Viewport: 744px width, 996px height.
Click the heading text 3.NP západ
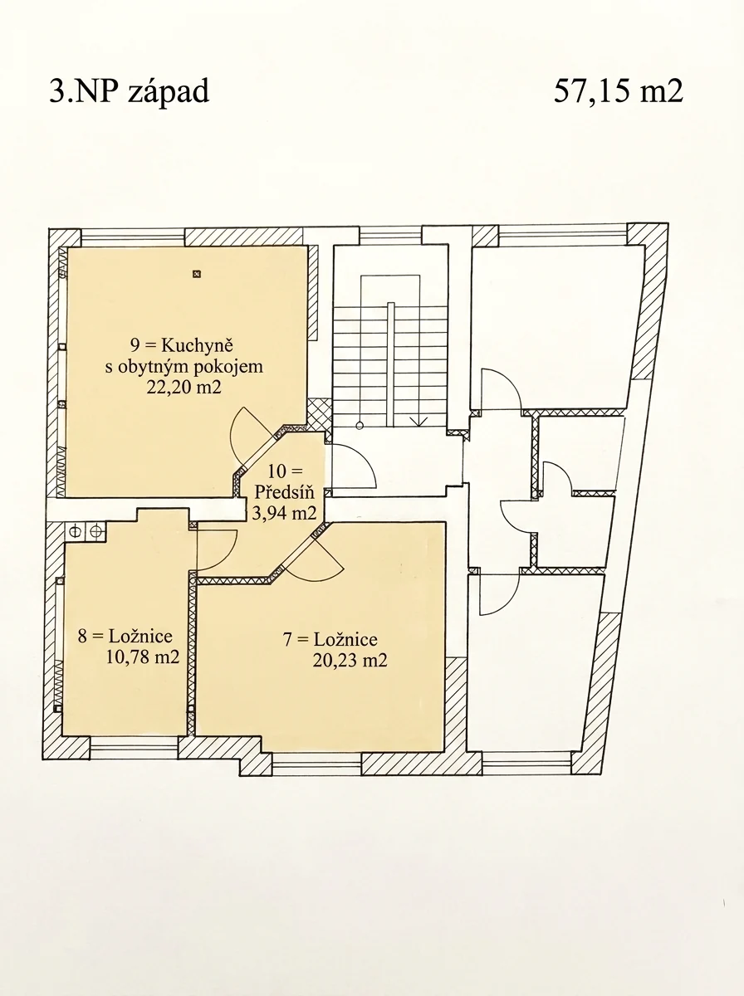pos(130,92)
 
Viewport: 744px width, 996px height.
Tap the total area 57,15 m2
pos(619,91)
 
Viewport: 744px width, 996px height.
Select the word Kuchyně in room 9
pos(197,346)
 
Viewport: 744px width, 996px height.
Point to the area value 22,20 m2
pos(184,387)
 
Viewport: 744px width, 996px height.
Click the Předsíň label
pos(284,492)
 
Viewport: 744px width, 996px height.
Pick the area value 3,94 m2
pos(284,513)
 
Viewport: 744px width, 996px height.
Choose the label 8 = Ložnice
pos(125,636)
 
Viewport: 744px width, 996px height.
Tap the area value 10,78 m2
pos(143,657)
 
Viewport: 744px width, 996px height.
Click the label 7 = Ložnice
pos(330,640)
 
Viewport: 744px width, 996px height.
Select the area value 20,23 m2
pos(350,661)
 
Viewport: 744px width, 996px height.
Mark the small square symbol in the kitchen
pos(196,274)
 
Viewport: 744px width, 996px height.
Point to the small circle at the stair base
pos(360,426)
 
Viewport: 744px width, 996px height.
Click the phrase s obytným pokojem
pos(184,367)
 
